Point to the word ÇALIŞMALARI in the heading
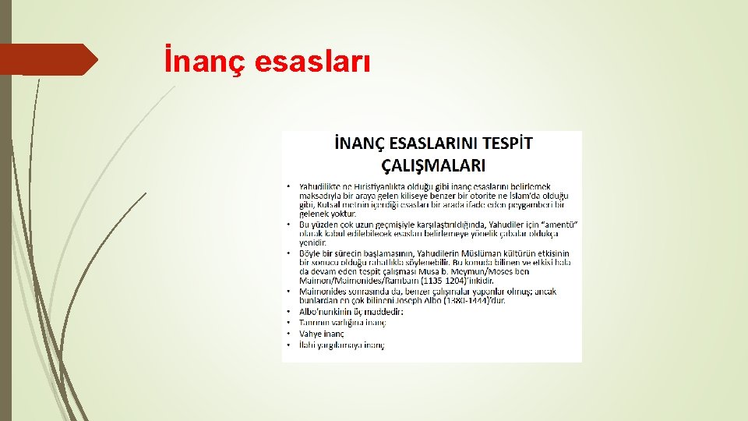coord(433,165)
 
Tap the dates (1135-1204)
coord(443,280)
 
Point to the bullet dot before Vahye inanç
coord(289,333)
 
